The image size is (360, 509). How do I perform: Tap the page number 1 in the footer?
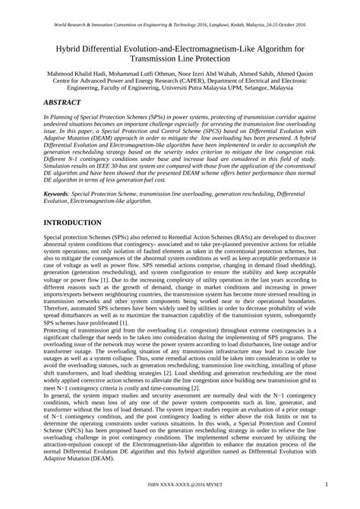pos(325,484)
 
